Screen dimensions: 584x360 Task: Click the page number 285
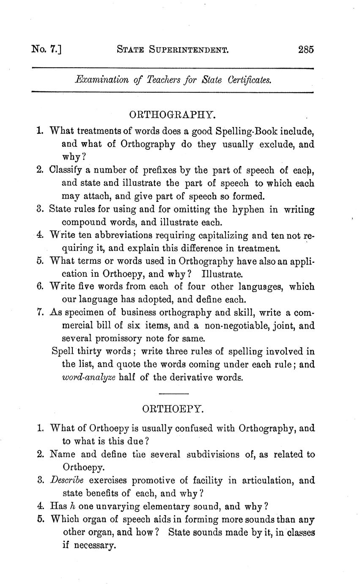click(x=306, y=50)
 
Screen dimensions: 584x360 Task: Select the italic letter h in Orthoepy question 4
click(x=73, y=506)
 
